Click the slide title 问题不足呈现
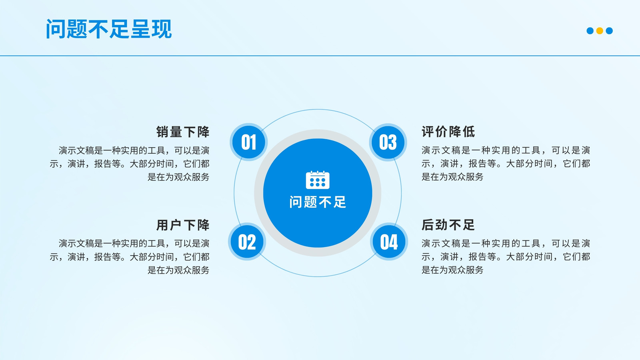109,29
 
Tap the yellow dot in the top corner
600,30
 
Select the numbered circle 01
248,142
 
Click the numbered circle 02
247,242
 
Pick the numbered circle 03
388,142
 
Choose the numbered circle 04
389,242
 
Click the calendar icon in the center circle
318,180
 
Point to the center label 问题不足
318,202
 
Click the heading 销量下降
183,132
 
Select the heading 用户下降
183,225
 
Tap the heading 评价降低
448,132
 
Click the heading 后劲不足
448,225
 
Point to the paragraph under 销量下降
130,164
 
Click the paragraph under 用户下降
130,257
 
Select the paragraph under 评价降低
506,164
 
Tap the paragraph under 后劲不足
506,257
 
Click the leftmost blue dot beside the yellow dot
590,30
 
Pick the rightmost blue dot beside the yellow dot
609,30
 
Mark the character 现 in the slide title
162,29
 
